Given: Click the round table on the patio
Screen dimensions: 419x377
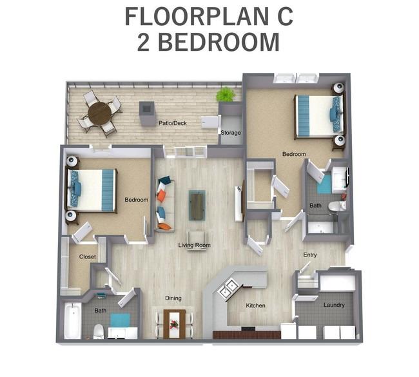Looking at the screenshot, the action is [x=99, y=113].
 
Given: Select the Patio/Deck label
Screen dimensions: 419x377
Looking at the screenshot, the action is [x=173, y=123].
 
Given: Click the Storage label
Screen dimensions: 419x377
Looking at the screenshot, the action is [x=231, y=133].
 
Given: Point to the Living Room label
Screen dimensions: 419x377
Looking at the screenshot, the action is [x=194, y=245].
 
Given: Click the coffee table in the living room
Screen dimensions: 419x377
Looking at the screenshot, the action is [x=197, y=205].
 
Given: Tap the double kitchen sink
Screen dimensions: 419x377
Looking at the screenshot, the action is [x=228, y=288].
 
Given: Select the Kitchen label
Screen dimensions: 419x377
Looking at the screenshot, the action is [x=255, y=305].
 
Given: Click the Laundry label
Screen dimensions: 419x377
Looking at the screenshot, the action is [x=334, y=305].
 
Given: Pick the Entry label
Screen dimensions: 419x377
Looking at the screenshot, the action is [x=310, y=255].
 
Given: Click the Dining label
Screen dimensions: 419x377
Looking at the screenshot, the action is [x=173, y=298].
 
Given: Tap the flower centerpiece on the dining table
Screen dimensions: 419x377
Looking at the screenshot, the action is [x=175, y=324].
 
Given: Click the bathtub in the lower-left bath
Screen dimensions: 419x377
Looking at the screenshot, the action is [x=73, y=320].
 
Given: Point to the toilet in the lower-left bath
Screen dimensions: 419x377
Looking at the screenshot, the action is [x=99, y=332].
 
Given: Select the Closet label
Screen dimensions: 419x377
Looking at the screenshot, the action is [x=88, y=256].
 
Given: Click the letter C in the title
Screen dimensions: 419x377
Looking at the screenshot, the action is [x=284, y=17].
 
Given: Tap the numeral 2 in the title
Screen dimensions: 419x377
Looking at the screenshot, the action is [x=144, y=43].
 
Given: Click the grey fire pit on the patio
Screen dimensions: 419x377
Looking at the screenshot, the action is [x=147, y=113].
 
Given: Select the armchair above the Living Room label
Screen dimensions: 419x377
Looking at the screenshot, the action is [x=197, y=240].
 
